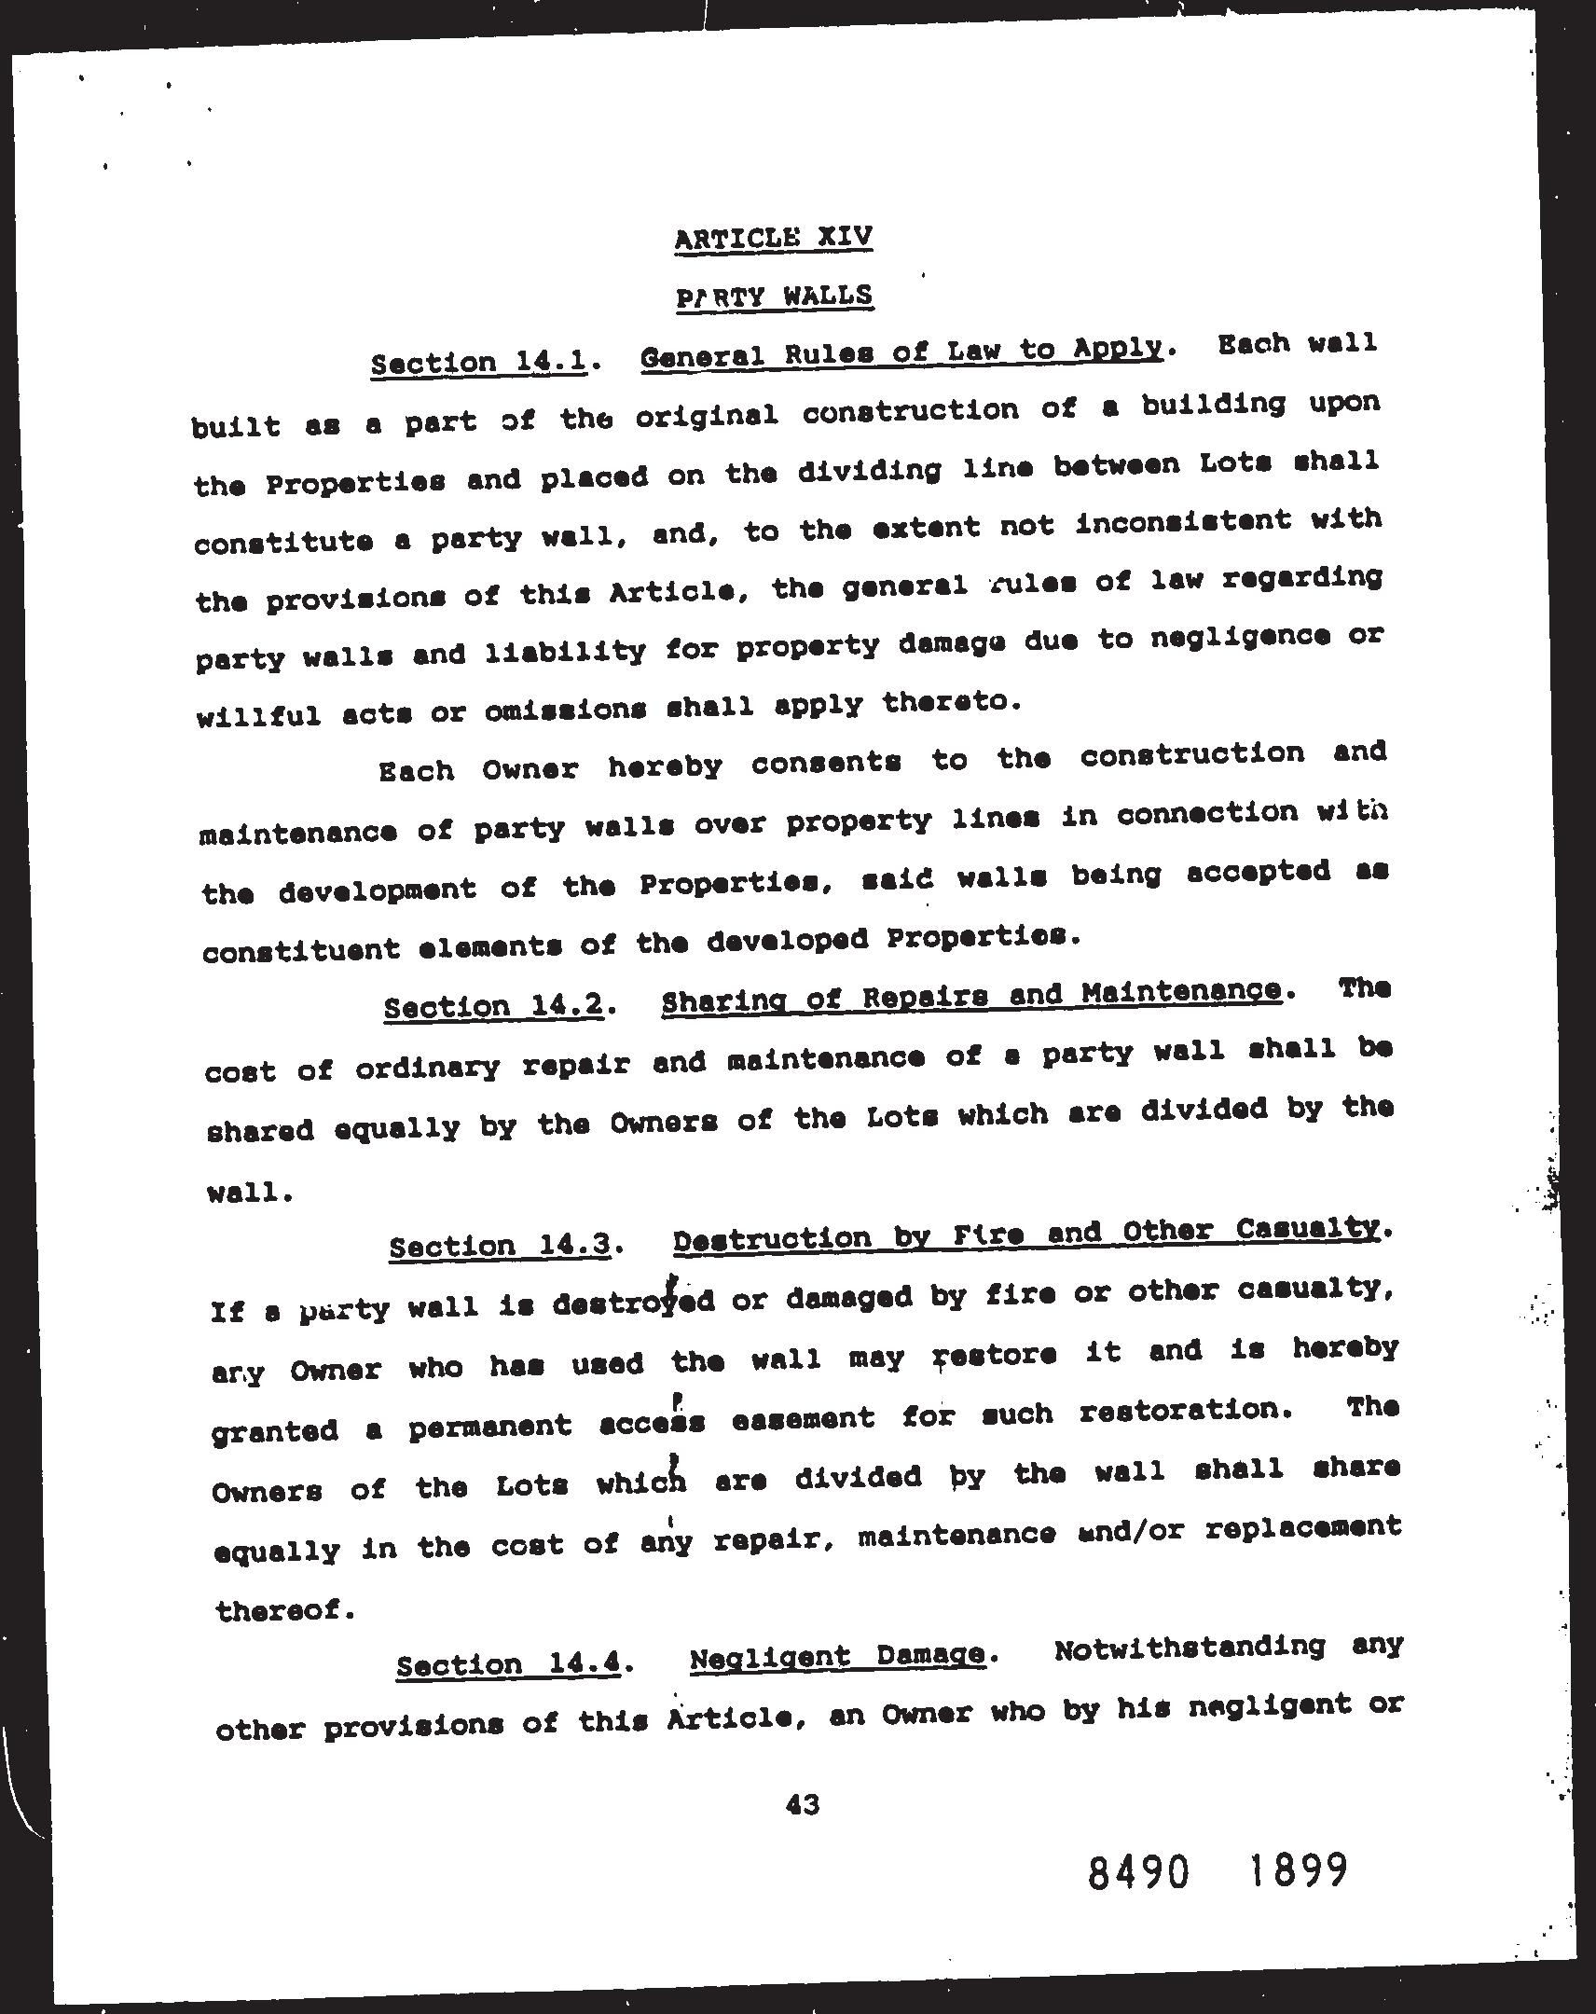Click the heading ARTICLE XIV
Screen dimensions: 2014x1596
773,237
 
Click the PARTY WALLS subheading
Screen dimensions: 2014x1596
773,297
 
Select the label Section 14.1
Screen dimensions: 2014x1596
479,362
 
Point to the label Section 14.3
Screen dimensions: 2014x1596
501,1246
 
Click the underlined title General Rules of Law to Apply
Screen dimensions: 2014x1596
901,352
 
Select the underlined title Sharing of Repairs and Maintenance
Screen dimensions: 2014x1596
971,996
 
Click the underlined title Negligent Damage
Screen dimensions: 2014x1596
838,1657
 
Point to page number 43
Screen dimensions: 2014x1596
804,1806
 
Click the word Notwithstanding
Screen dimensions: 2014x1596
1189,1647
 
